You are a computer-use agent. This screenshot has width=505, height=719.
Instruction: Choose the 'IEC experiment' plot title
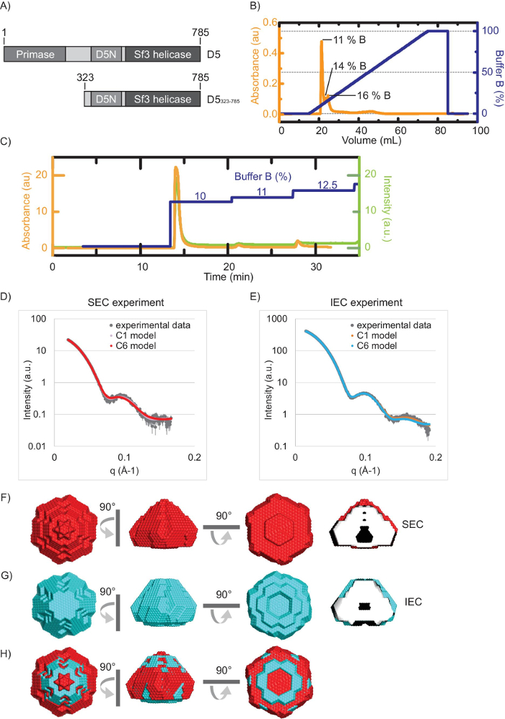[x=366, y=298]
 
